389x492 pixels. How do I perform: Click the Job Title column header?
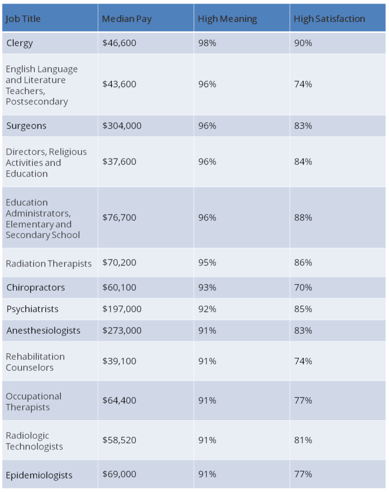click(23, 19)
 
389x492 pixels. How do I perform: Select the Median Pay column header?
click(127, 19)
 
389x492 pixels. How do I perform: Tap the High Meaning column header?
click(227, 19)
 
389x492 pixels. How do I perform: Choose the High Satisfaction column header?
click(329, 19)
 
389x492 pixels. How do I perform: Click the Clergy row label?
click(20, 43)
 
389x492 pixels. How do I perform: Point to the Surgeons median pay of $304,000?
click(122, 126)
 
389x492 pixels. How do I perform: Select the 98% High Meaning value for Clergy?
click(207, 43)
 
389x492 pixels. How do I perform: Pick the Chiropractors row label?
click(35, 287)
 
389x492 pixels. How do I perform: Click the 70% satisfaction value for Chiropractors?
click(303, 287)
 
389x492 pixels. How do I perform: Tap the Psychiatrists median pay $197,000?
click(122, 309)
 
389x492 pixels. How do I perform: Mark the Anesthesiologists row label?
click(43, 330)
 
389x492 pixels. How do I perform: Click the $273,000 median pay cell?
click(122, 330)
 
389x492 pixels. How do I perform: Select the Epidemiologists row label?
click(39, 475)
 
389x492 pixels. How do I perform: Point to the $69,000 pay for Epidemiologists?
click(119, 474)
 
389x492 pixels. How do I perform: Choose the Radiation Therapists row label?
click(49, 263)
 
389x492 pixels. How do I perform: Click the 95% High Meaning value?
click(207, 262)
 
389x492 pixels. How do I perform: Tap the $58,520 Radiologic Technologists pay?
click(119, 440)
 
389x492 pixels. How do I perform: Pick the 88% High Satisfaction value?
click(303, 217)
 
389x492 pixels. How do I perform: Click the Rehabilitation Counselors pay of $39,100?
click(119, 361)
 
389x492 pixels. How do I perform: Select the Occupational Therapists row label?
click(33, 401)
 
